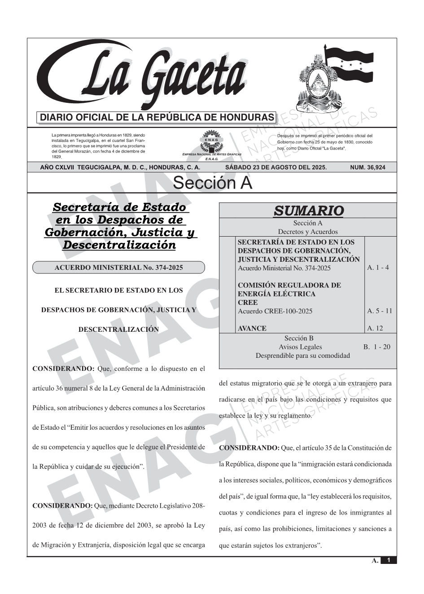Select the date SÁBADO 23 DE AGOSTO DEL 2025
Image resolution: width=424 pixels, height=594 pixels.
click(276, 167)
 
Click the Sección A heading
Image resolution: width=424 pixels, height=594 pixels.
click(212, 183)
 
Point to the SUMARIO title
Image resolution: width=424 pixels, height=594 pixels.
click(309, 210)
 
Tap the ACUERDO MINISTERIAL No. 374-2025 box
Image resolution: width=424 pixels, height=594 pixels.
click(118, 268)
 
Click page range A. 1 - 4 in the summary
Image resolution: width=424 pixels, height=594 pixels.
click(378, 268)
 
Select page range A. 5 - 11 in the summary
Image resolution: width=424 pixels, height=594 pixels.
click(380, 311)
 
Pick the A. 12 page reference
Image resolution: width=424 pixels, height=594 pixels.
click(375, 328)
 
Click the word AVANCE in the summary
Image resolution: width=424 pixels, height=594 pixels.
click(252, 328)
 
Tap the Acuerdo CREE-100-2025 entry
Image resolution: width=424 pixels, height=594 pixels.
click(275, 311)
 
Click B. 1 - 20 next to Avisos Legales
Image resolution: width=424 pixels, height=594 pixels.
click(377, 347)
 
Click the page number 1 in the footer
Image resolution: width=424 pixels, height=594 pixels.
click(389, 560)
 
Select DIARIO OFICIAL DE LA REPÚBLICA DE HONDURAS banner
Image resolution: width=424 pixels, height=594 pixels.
click(157, 118)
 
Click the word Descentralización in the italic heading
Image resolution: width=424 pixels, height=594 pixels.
click(119, 245)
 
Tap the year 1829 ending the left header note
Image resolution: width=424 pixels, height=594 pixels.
click(57, 157)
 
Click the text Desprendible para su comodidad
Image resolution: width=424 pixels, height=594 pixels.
click(302, 356)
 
